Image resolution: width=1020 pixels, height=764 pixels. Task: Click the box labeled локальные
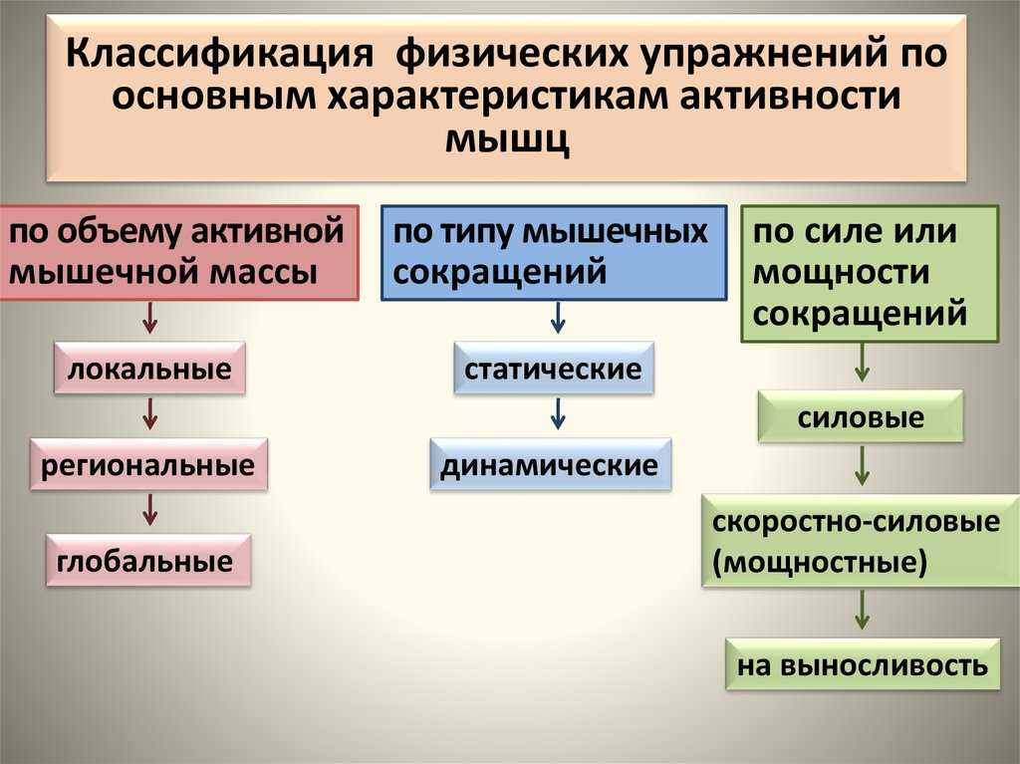tap(149, 369)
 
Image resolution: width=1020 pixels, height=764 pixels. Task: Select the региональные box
tap(148, 464)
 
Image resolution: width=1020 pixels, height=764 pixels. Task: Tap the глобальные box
tap(148, 561)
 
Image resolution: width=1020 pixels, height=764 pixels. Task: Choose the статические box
tap(554, 369)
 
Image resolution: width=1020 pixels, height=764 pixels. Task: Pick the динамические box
tap(550, 464)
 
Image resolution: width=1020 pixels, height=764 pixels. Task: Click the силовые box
tap(861, 416)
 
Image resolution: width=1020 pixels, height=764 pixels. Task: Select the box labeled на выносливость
tap(863, 664)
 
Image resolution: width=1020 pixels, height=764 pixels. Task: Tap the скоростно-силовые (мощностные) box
tap(861, 541)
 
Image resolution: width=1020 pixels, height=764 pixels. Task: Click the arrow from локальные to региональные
tap(150, 414)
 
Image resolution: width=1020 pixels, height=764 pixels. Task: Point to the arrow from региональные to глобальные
tap(150, 510)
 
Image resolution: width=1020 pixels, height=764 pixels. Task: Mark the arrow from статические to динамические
tap(558, 414)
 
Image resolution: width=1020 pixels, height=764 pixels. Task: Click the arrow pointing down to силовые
tap(862, 364)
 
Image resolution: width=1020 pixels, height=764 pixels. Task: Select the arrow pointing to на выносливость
tap(862, 611)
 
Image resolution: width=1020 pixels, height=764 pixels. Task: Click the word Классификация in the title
tap(220, 54)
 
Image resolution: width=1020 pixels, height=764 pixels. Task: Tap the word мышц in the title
tap(507, 138)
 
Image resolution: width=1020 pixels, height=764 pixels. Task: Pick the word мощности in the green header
tap(841, 273)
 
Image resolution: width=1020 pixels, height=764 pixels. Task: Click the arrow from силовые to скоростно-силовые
tap(862, 466)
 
